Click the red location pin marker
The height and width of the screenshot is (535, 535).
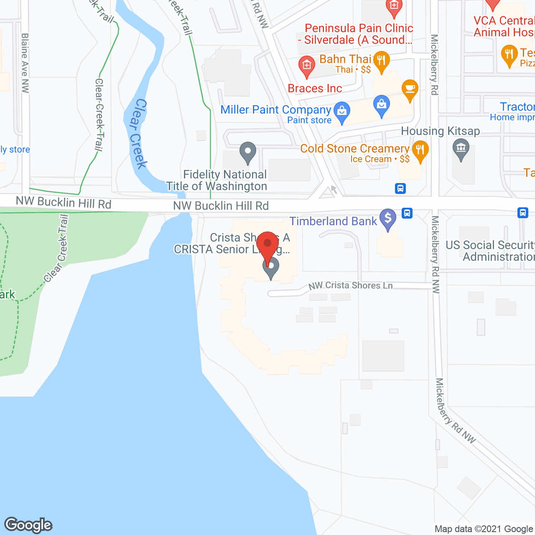267,245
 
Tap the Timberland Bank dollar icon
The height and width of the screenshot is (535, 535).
388,218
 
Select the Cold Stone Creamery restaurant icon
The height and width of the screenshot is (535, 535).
420,150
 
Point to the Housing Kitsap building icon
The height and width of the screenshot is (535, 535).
461,148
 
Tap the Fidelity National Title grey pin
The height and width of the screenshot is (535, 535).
248,152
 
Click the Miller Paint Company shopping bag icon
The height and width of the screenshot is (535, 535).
342,112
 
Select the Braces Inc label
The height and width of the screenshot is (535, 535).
315,89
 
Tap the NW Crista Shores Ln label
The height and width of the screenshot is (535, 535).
350,285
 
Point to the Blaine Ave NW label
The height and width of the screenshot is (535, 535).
25,63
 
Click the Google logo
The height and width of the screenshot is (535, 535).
28,525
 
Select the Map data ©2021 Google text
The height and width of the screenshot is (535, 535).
484,529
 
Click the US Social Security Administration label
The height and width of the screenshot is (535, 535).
490,251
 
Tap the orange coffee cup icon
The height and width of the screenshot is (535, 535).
410,89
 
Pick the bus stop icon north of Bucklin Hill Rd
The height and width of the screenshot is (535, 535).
400,189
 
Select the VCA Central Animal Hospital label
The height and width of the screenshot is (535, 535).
504,26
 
